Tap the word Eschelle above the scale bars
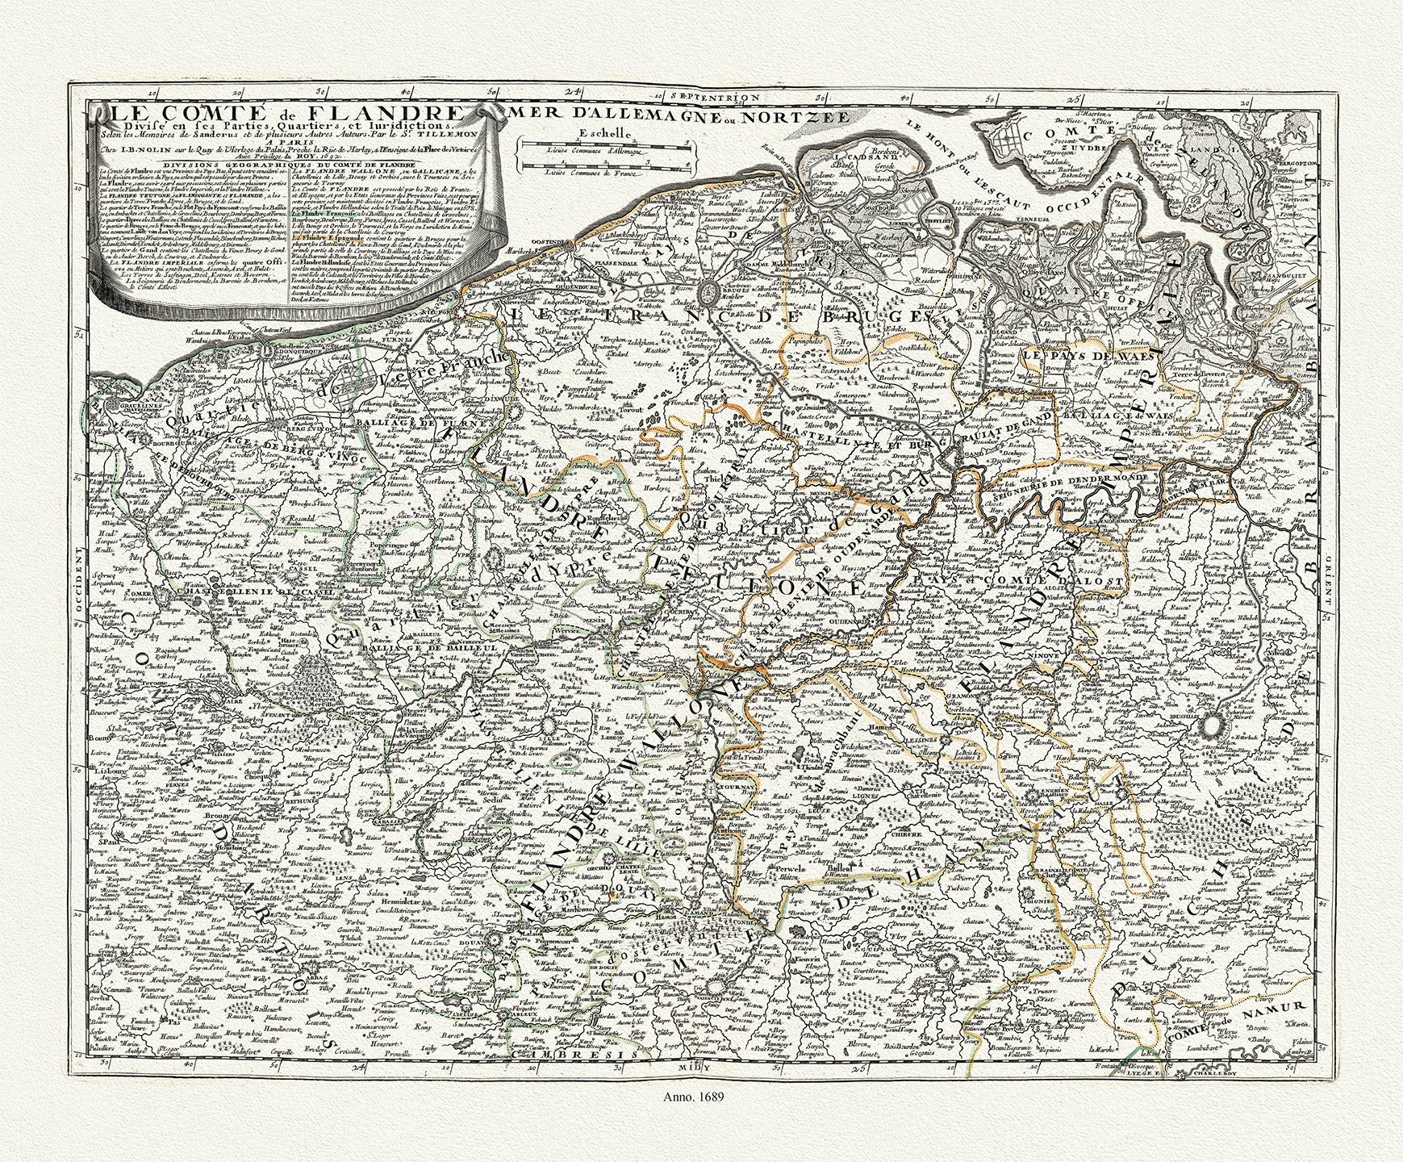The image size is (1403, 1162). [601, 134]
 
